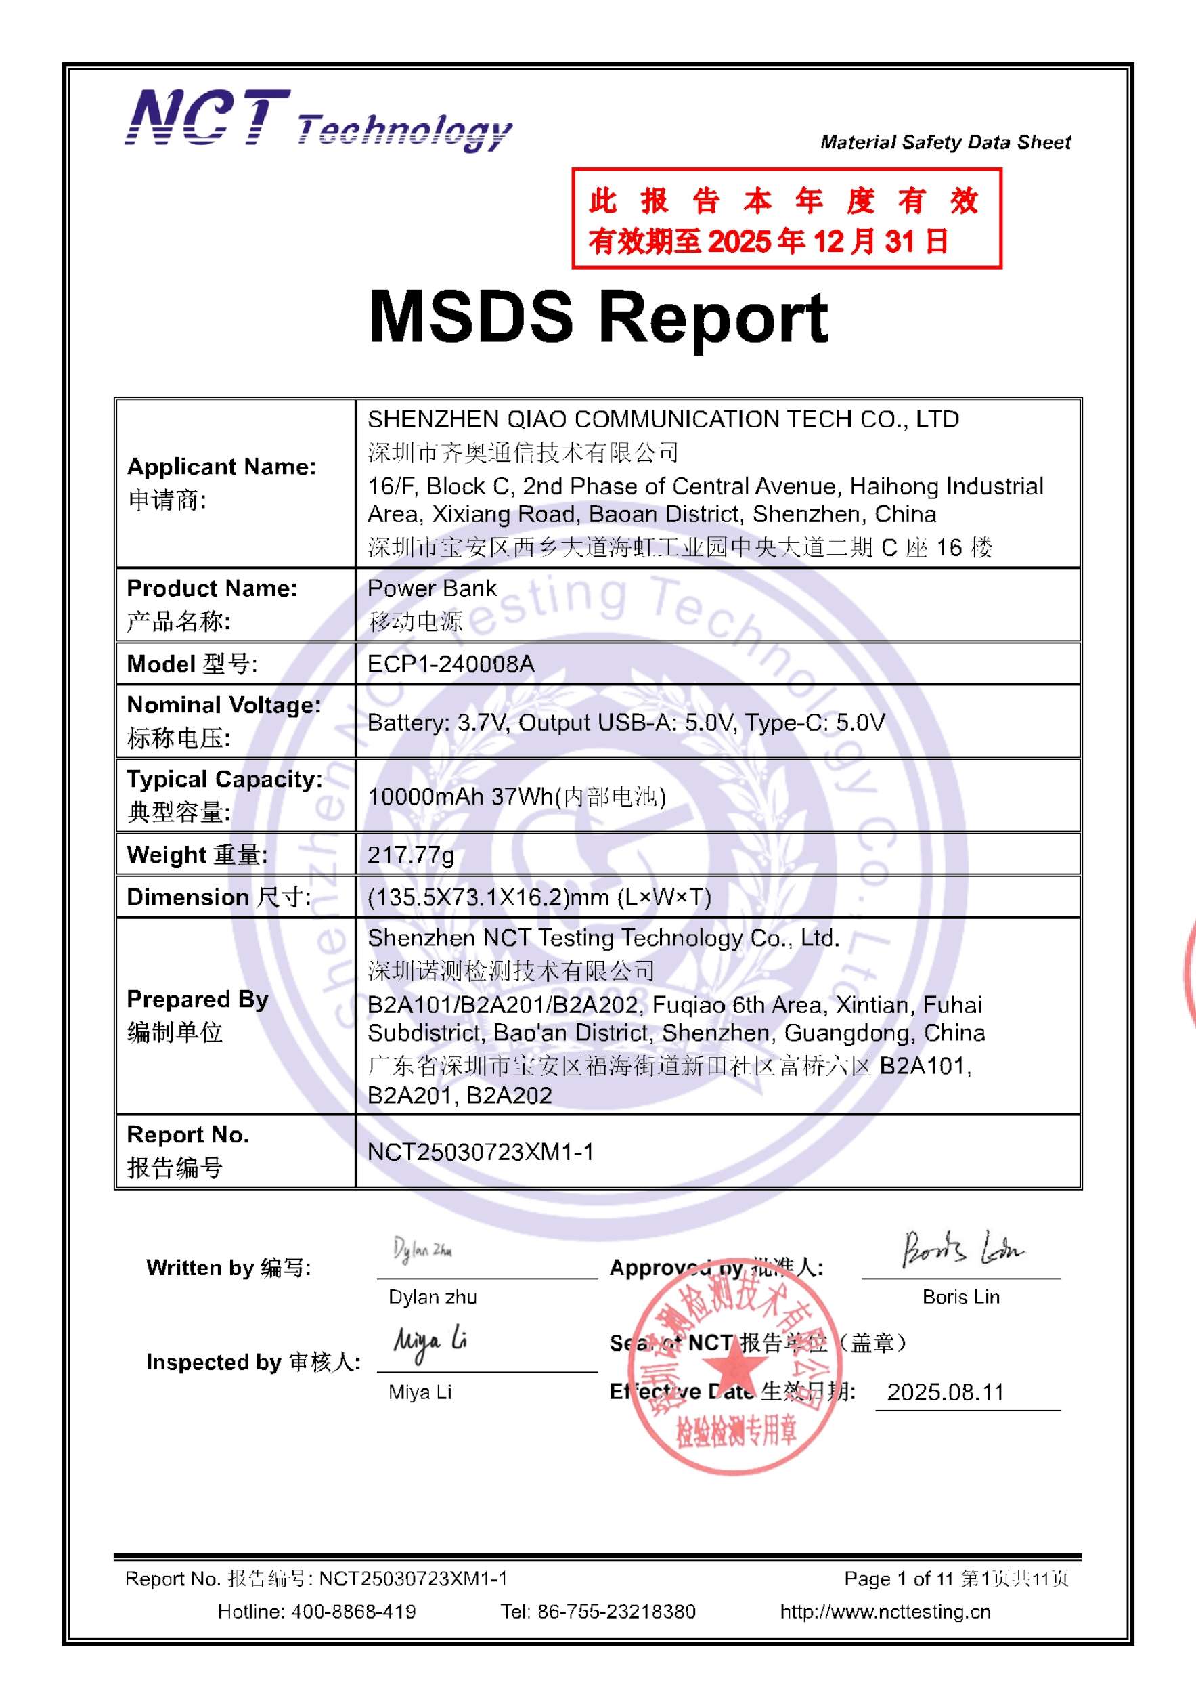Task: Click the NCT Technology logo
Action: pyautogui.click(x=318, y=119)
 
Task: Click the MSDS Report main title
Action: pyautogui.click(x=598, y=318)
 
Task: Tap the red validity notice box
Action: pyautogui.click(x=787, y=218)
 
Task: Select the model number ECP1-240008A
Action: pyautogui.click(x=451, y=664)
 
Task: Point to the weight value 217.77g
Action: pyautogui.click(x=410, y=855)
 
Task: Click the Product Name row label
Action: pyautogui.click(x=213, y=588)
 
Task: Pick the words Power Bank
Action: pyautogui.click(x=432, y=588)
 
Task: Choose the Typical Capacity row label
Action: pyautogui.click(x=224, y=779)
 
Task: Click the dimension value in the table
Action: pyautogui.click(x=539, y=897)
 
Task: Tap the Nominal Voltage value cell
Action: pyautogui.click(x=626, y=723)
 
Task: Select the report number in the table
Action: pyautogui.click(x=481, y=1152)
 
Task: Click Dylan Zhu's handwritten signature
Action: pyautogui.click(x=422, y=1250)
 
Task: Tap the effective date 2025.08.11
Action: pyautogui.click(x=946, y=1392)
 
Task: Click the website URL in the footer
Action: pyautogui.click(x=885, y=1611)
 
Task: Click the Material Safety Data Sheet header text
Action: pyautogui.click(x=946, y=142)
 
